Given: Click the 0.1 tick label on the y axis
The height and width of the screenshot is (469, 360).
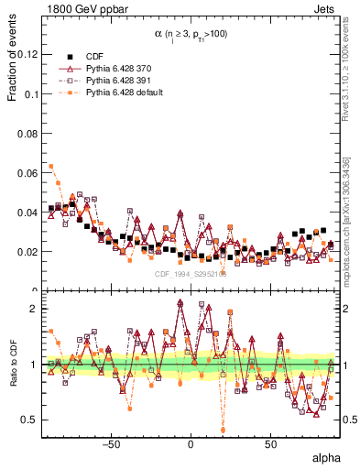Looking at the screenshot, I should tap(30, 94).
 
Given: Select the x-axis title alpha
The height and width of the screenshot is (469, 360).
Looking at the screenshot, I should tap(326, 457).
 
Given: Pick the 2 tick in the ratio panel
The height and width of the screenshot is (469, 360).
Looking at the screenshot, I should tap(35, 309).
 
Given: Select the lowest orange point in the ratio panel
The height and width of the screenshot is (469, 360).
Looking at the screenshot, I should tap(223, 430).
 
